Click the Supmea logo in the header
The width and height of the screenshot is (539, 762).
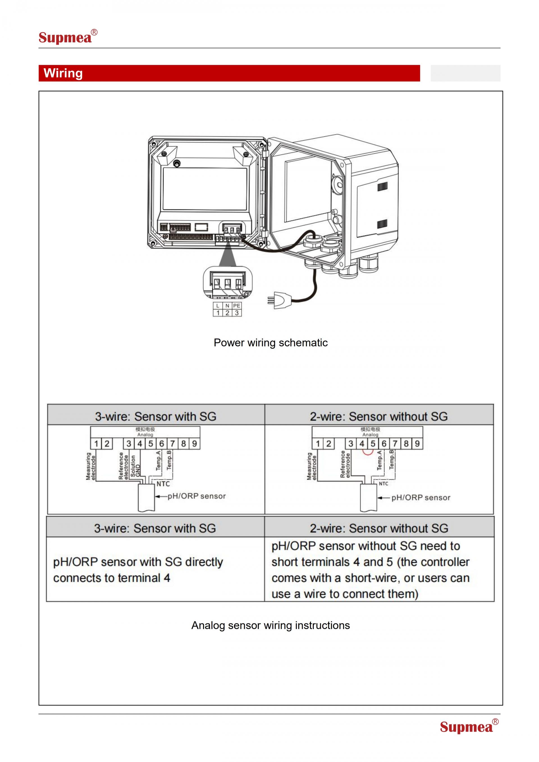click(68, 36)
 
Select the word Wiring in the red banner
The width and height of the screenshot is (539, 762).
click(63, 73)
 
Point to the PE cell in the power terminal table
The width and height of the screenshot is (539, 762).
click(236, 306)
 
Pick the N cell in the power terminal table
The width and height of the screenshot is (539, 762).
click(227, 306)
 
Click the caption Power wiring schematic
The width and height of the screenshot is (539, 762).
click(271, 342)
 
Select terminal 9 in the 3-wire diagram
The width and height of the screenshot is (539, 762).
click(195, 444)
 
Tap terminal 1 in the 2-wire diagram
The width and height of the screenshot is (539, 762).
click(318, 444)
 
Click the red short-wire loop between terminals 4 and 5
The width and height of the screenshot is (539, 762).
click(367, 452)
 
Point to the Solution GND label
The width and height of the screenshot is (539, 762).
click(135, 466)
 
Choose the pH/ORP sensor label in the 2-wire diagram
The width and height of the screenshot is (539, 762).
click(421, 498)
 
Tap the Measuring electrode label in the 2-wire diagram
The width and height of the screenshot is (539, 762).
click(312, 466)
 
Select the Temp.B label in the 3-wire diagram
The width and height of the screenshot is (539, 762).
click(169, 460)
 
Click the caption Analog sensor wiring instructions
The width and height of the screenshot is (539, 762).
click(271, 625)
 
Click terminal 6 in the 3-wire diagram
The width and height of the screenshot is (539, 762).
click(162, 444)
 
